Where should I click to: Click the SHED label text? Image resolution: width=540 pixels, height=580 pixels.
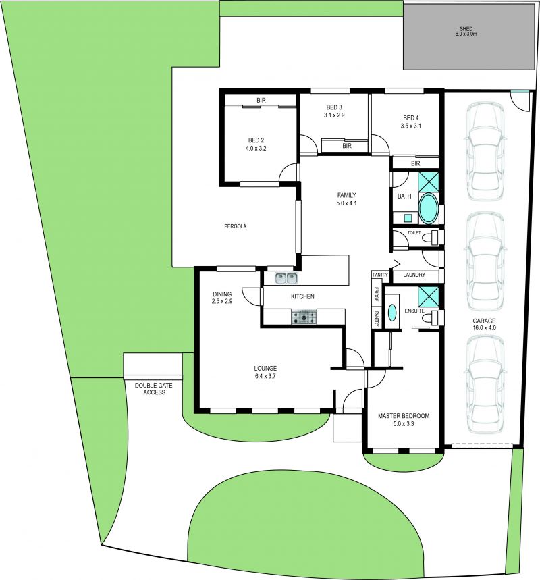(x=466, y=29)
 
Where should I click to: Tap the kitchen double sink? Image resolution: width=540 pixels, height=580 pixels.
(x=287, y=278)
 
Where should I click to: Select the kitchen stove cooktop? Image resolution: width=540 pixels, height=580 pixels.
(x=304, y=317)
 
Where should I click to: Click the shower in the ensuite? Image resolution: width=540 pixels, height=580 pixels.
(x=429, y=296)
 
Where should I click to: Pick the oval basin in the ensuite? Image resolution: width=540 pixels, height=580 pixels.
(x=392, y=313)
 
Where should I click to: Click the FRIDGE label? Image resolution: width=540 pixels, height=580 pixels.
(x=376, y=294)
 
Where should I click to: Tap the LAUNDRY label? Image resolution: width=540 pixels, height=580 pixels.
(x=414, y=275)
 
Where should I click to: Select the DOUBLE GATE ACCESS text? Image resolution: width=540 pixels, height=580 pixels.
(x=154, y=389)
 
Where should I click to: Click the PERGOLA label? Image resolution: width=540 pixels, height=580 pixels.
(x=235, y=226)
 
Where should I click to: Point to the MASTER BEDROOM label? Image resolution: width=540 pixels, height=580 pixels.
(x=404, y=416)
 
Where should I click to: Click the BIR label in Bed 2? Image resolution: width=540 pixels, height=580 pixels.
(x=261, y=100)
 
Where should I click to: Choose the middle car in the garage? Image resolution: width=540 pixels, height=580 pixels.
(x=485, y=261)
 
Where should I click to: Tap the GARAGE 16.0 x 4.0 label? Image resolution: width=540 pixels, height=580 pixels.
(x=484, y=324)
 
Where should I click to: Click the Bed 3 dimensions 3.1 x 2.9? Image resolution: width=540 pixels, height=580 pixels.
(x=334, y=115)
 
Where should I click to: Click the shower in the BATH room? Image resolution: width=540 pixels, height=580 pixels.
(x=429, y=182)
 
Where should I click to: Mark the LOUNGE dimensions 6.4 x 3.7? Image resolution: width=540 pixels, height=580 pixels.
(x=265, y=377)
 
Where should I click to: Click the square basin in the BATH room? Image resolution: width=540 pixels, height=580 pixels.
(x=407, y=218)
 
